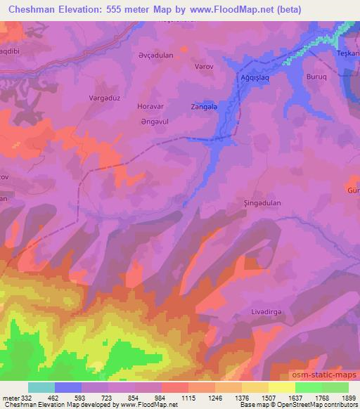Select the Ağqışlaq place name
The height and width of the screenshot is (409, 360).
pos(254,77)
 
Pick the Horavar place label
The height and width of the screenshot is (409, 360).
pos(150,108)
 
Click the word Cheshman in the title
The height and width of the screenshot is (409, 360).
pos(28,7)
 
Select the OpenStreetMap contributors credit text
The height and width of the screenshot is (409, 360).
pos(321,405)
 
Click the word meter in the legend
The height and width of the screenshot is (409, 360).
pos(10,397)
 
